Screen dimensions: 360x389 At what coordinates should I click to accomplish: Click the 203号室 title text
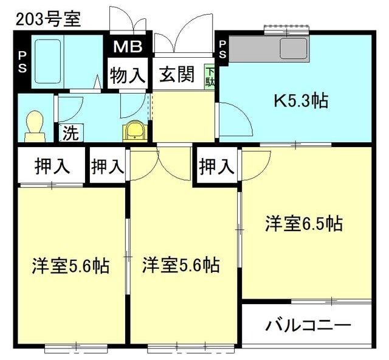coord(48,19)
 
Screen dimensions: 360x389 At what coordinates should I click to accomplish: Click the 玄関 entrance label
coord(177,75)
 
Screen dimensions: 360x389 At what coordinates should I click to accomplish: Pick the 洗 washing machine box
coord(71,133)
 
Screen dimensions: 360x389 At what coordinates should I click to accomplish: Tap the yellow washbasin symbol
coord(134,130)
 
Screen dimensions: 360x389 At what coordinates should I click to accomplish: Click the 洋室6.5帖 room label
coord(303,224)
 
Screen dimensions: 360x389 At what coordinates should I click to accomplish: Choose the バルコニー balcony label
coord(308,325)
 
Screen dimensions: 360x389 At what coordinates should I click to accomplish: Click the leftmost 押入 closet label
coord(51,165)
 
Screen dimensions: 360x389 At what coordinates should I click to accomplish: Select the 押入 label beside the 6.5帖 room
coord(216,165)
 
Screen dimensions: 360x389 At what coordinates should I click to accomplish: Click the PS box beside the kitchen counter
coord(222,49)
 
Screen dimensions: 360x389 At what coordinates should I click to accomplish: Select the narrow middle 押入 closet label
coord(108,165)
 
